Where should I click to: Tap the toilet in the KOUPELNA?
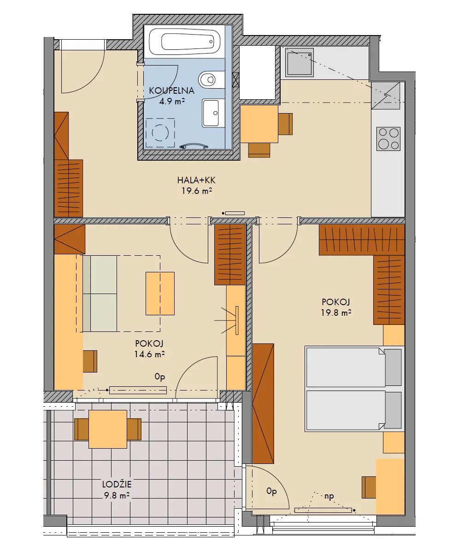pos(211,80)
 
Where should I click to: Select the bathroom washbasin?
pos(213,113)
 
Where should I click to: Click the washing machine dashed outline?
pos(160,132)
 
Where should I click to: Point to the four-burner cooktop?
pos(388,138)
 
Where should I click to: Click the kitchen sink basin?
pos(299,62)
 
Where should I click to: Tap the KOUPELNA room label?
pos(171,90)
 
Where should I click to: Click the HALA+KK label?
pos(196,180)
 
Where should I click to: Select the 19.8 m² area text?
pos(336,313)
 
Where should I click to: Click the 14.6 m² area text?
pos(149,354)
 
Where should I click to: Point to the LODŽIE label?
pos(117,484)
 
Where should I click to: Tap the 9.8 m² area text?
pos(117,495)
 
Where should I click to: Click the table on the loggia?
pos(108,429)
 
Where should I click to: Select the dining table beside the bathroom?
pos(259,124)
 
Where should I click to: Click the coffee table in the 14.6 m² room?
pos(160,294)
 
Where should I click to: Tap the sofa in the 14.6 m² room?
pos(100,294)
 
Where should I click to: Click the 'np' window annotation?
pos(329,497)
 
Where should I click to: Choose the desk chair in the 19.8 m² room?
pos(369,487)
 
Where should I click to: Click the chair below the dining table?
pos(259,150)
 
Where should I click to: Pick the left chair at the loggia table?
pos(81,429)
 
